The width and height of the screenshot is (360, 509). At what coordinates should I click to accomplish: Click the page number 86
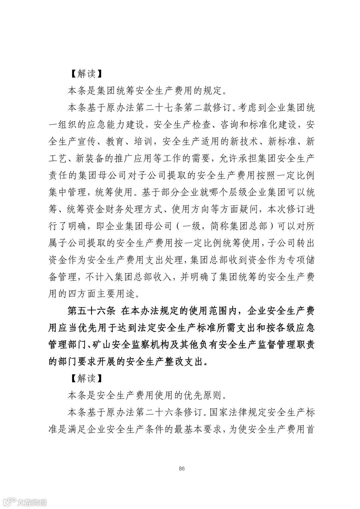point(182,469)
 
